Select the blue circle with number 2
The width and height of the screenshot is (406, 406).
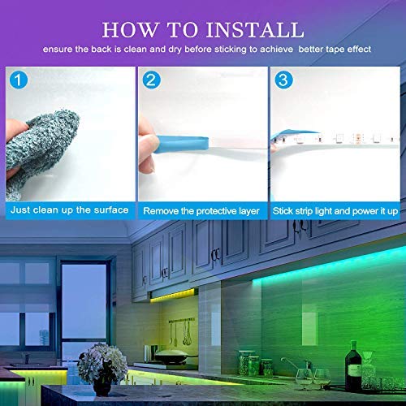click(150, 80)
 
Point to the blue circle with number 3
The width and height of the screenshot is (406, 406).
click(281, 80)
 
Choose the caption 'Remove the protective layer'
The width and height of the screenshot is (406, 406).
click(201, 210)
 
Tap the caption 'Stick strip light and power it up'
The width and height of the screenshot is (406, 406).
click(335, 210)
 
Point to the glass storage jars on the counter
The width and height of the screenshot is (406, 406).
click(248, 364)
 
